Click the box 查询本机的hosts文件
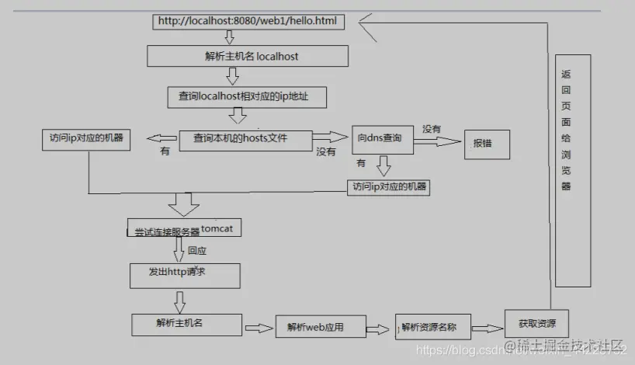246,139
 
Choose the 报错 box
487,143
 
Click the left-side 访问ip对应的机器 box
85,140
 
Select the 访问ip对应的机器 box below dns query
389,186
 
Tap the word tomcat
222,228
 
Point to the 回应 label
197,251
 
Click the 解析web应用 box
309,327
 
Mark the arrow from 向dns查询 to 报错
437,142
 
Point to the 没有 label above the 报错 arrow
432,127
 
